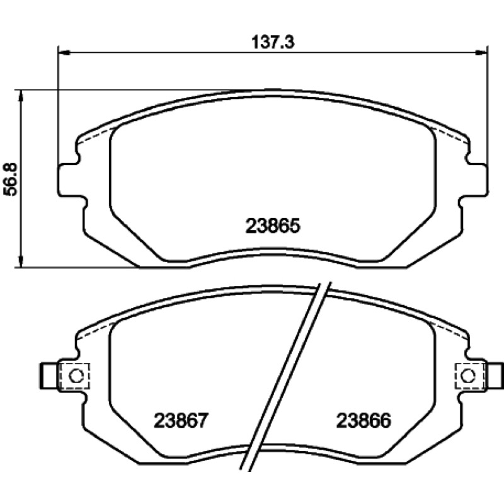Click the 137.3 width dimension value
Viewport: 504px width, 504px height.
pos(273,42)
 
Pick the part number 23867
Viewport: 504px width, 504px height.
pos(181,420)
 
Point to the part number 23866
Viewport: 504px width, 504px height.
pos(364,420)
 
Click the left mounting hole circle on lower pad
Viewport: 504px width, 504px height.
pos(76,375)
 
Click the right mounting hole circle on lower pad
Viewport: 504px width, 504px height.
pos(468,375)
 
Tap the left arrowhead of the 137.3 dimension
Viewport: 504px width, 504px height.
pos(65,52)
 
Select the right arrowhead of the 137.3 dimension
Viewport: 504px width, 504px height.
pos(481,52)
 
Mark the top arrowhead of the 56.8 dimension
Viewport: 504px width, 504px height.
pos(21,96)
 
